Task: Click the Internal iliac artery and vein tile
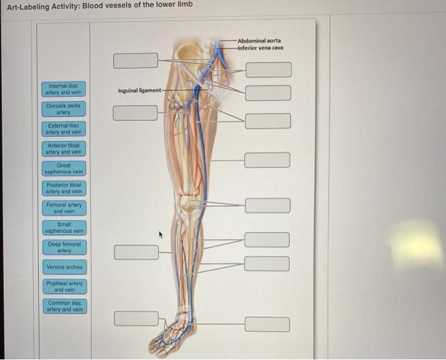(x=65, y=89)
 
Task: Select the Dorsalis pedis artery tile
(x=65, y=109)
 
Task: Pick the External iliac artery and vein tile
(x=65, y=129)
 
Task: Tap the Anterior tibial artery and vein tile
(x=65, y=148)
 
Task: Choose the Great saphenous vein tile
(x=65, y=168)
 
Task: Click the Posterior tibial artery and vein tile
(x=65, y=188)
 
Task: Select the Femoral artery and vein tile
(x=65, y=208)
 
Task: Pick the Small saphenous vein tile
(x=65, y=227)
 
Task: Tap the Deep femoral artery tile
(x=65, y=247)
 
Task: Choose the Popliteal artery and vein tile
(x=65, y=286)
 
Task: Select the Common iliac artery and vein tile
(x=65, y=306)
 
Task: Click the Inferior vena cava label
(x=261, y=48)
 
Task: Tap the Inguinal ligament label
(x=139, y=90)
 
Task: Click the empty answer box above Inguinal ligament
(x=135, y=61)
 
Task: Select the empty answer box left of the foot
(x=136, y=318)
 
